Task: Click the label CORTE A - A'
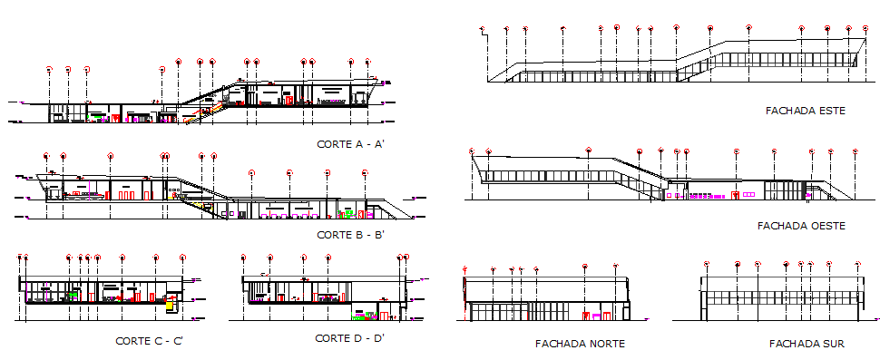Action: (350, 144)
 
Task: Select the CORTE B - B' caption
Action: (350, 235)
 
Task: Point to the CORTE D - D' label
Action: (349, 338)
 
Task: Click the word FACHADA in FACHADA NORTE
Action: (558, 344)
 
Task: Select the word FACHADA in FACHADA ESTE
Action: (789, 111)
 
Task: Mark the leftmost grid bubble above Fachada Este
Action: (484, 29)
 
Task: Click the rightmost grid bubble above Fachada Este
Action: (863, 29)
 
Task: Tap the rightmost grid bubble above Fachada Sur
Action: (857, 264)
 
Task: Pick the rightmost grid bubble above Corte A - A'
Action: (367, 62)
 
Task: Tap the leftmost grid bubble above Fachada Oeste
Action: (471, 151)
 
